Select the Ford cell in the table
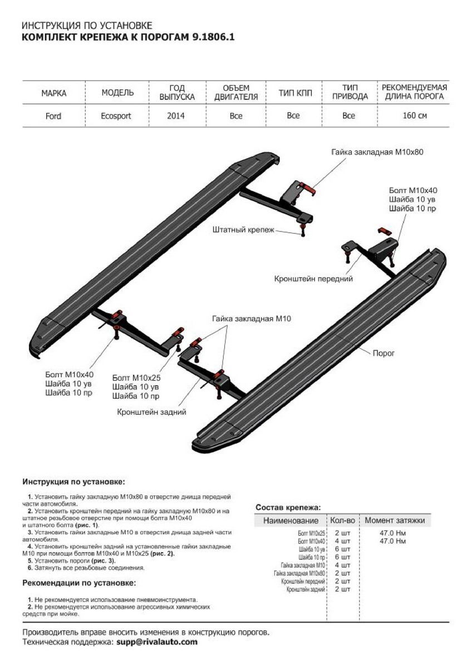point(53,116)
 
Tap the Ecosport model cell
point(117,116)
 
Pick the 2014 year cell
point(175,116)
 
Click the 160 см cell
point(415,116)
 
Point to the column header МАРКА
point(53,93)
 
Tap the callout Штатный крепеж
point(243,229)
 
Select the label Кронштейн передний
point(313,278)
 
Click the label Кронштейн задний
point(151,412)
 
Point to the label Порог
point(383,353)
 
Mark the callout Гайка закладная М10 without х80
point(251,319)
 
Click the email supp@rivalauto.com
point(157,642)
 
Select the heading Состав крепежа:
point(288,507)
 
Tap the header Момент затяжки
point(395,520)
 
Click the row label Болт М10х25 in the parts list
point(312,533)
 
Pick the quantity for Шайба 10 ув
point(342,549)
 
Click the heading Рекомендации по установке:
point(79,583)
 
